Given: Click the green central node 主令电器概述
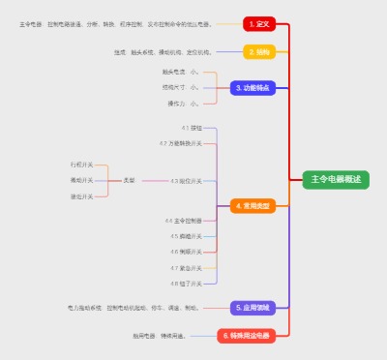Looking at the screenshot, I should click(336, 179).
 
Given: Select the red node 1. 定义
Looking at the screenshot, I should click(258, 24).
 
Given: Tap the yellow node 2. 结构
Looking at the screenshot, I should click(258, 52).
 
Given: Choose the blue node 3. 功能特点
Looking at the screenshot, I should click(253, 87).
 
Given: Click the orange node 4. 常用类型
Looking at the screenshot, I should click(253, 206).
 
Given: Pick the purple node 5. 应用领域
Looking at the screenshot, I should click(253, 308).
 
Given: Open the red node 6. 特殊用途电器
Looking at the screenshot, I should click(246, 336).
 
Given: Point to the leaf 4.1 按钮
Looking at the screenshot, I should click(192, 128).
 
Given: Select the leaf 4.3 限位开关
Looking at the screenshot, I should click(187, 181).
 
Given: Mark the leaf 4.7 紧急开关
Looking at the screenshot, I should click(186, 267).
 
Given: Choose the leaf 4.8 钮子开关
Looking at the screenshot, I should click(186, 284).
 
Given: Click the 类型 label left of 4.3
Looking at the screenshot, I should click(129, 181).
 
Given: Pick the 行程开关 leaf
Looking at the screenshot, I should click(82, 165).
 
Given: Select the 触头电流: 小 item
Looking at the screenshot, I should click(181, 72).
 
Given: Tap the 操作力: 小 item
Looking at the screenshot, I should click(183, 103).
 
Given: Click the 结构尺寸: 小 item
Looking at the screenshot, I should click(181, 87).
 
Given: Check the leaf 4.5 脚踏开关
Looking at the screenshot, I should click(186, 236).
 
